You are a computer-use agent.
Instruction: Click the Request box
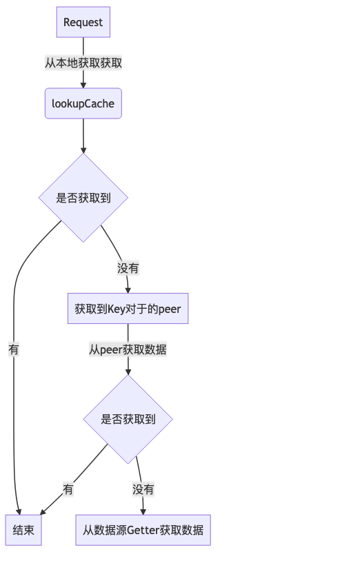pos(83,22)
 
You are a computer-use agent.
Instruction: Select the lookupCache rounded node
pos(83,103)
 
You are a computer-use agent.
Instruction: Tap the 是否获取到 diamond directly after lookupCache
pos(83,198)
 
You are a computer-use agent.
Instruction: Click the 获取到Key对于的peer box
pos(128,309)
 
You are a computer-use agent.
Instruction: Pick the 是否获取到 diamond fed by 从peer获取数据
pos(128,419)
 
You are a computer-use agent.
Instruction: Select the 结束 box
pos(23,530)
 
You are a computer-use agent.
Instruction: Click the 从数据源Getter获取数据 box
pos(143,530)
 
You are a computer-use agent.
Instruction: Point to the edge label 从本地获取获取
pos(83,63)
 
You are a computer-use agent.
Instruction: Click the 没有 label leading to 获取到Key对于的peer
pos(128,268)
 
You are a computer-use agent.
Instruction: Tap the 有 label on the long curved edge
pos(14,349)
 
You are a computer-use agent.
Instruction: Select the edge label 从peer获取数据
pos(128,349)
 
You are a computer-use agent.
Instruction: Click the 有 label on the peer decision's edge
pos(68,490)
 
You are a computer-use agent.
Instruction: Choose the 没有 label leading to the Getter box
pos(143,490)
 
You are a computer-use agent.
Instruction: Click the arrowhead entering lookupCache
pos(83,85)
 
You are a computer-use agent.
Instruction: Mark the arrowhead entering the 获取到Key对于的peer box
pos(128,290)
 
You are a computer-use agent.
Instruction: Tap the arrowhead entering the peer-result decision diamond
pos(128,372)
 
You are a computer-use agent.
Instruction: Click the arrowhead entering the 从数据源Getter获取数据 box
pos(143,511)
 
